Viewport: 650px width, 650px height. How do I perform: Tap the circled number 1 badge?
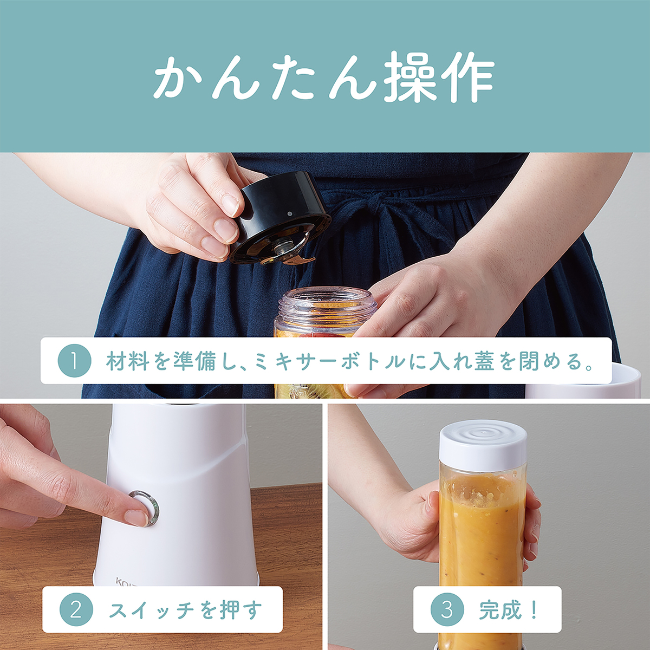click(75, 361)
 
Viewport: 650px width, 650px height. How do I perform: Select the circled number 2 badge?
click(76, 610)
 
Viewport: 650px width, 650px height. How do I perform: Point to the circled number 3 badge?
click(447, 610)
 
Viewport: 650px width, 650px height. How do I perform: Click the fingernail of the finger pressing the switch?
click(136, 517)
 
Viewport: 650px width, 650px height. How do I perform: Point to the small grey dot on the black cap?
click(289, 214)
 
